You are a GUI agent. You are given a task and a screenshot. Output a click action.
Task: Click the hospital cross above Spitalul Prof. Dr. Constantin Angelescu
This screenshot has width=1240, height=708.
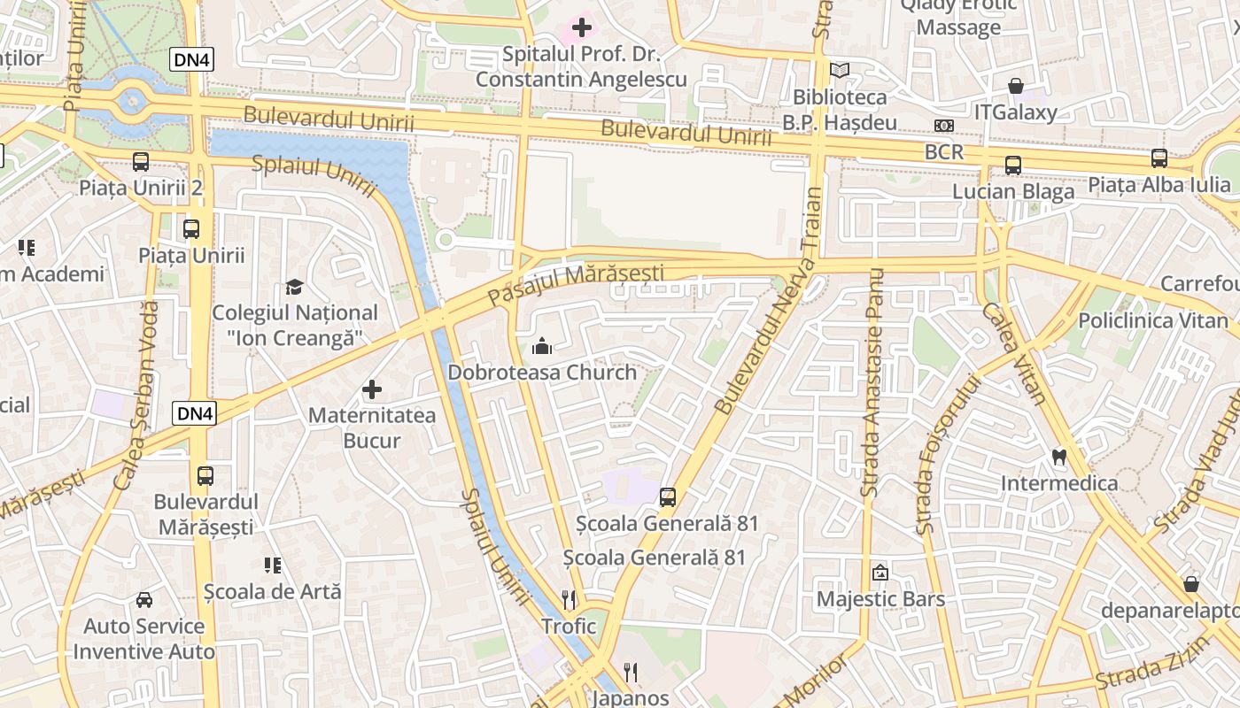tap(582, 27)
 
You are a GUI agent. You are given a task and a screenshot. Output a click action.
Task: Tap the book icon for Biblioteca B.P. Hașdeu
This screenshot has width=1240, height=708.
tap(839, 70)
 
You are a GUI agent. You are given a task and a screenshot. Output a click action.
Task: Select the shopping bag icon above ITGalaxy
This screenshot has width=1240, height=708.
tap(1016, 86)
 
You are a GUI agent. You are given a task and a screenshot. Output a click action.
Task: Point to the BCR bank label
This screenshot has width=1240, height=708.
tap(943, 151)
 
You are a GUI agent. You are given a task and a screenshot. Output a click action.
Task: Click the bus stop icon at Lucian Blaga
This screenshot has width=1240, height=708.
tap(1012, 165)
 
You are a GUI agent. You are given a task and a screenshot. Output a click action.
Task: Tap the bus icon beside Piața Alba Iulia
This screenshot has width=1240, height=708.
tap(1159, 158)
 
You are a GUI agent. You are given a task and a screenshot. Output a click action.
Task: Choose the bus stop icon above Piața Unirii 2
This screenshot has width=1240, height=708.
tap(141, 162)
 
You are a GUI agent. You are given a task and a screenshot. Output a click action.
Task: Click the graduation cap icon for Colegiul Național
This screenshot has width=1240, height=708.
tap(294, 287)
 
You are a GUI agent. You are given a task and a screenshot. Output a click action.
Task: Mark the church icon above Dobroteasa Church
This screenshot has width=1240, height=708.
tap(542, 347)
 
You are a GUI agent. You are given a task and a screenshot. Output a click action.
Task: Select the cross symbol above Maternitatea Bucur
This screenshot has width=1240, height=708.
tap(372, 389)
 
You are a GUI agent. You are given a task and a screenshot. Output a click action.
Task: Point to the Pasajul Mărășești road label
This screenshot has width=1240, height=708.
tap(576, 285)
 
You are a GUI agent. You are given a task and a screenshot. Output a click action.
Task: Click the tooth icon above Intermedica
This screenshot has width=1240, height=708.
tap(1058, 458)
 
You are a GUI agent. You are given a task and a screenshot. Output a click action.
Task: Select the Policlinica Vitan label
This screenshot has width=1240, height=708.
tap(1153, 320)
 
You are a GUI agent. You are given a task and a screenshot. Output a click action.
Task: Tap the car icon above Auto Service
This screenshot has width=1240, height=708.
tap(143, 600)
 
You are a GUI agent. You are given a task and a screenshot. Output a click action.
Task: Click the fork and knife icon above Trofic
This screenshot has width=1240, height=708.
tap(569, 600)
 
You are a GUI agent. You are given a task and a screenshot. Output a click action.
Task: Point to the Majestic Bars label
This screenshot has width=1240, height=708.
tap(880, 599)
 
